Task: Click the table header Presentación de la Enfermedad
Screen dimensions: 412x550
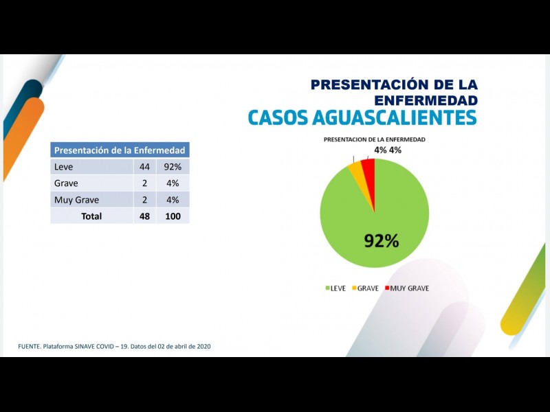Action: pos(120,150)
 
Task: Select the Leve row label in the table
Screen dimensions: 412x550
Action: pos(63,167)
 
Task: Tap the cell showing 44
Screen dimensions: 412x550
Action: pos(144,167)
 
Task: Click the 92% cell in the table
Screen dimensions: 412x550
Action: pos(172,167)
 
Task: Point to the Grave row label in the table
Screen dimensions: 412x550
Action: pos(66,183)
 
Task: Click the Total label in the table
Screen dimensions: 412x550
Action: pos(91,216)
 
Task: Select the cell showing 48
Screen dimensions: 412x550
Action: pos(144,216)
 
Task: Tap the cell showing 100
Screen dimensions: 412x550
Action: pos(172,216)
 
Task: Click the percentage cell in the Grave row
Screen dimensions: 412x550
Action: pos(172,183)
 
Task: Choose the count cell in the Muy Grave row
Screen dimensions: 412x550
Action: pos(144,200)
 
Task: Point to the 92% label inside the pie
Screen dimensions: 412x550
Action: pos(381,240)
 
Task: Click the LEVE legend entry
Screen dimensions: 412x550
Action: pos(335,288)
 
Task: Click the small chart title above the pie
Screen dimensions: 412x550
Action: pos(374,139)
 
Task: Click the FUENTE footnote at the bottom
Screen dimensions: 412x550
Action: pos(114,346)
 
